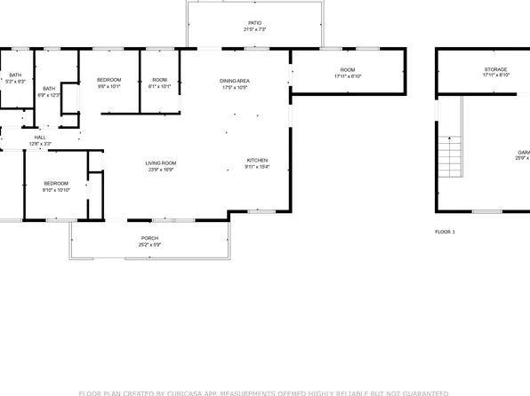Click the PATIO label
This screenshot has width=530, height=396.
point(254,23)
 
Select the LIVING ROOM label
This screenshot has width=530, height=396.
point(162,162)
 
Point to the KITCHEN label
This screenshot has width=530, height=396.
point(257,160)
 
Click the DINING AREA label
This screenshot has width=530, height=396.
point(236,81)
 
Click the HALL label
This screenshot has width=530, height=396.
point(40,138)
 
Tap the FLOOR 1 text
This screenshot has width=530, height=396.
point(445,232)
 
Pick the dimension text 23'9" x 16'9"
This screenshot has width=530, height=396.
point(162,170)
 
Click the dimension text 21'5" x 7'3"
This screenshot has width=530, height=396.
point(254,30)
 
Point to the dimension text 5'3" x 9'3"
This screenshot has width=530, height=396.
point(15,82)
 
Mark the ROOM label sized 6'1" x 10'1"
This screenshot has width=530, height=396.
point(160,81)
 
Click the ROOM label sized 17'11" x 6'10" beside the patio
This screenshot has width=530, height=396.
point(348,69)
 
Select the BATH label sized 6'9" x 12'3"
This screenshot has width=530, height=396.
point(49,89)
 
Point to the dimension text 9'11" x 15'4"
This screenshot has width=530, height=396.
point(257,167)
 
